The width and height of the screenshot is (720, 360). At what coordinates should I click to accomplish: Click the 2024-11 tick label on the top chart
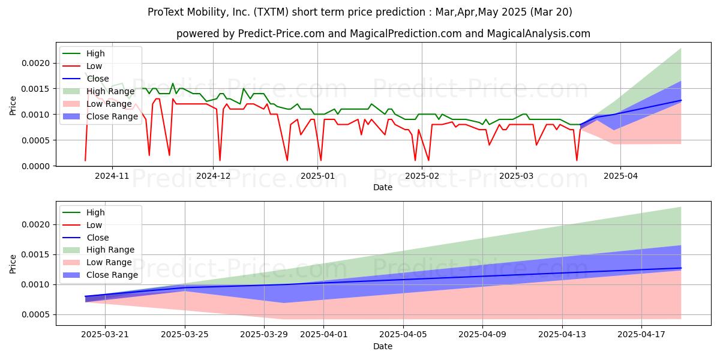coord(112,176)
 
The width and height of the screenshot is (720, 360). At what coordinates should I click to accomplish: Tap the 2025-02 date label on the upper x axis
coord(422,176)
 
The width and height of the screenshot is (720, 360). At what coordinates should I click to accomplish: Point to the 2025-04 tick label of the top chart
coord(620,176)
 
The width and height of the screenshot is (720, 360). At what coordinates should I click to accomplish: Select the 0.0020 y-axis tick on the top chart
coord(36,64)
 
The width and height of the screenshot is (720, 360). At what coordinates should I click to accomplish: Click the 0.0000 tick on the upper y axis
coord(36,166)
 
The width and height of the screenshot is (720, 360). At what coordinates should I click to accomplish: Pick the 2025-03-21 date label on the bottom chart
coord(105,335)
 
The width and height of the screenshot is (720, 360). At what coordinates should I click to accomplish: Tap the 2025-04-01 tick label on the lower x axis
coord(323,335)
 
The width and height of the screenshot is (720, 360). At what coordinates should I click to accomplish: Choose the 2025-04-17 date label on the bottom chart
coord(641,335)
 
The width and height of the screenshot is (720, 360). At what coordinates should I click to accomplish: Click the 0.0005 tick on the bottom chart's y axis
coord(36,314)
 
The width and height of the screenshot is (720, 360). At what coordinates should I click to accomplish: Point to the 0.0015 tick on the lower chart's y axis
coord(36,255)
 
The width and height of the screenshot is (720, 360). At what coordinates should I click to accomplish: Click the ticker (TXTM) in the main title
coord(271,12)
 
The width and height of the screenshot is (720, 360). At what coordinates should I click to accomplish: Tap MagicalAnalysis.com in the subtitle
coord(539,34)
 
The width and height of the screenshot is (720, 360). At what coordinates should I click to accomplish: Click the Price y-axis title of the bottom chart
coord(13,264)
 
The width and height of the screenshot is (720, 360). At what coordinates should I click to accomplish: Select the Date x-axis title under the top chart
coord(383,187)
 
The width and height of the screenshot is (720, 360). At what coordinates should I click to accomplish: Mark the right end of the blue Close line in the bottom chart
coord(681,268)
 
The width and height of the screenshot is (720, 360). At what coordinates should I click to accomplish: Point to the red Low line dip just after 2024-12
coord(220,160)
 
